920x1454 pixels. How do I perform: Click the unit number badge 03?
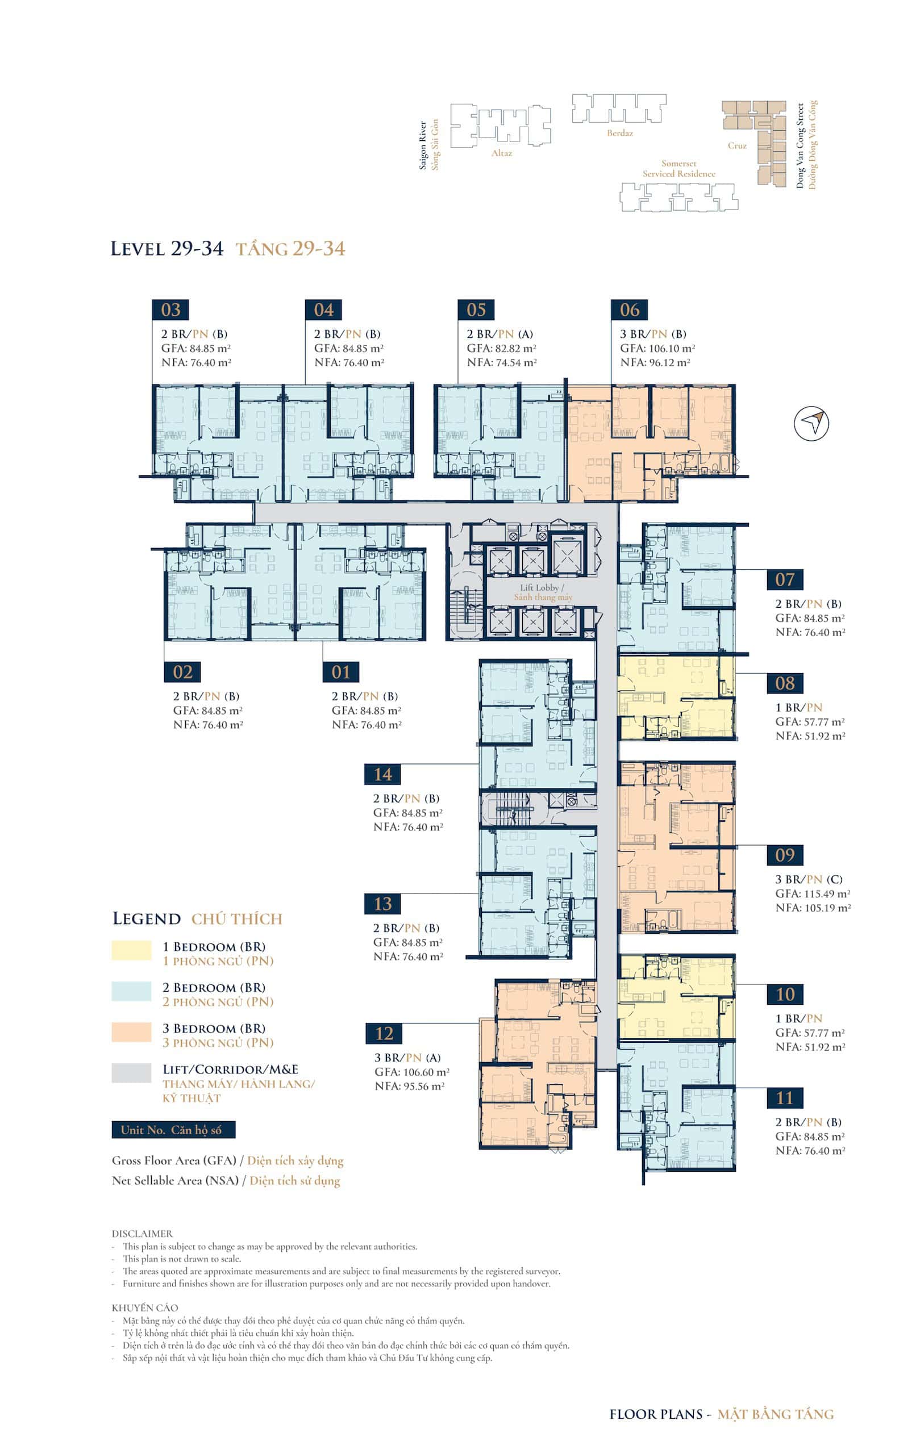(170, 310)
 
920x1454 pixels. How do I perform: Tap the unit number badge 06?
(630, 310)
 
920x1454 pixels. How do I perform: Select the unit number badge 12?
(384, 1033)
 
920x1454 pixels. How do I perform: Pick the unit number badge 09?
(785, 855)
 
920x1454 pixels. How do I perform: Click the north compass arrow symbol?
(811, 423)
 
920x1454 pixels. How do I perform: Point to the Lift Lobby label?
(543, 587)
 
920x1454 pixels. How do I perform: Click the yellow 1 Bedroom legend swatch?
(131, 950)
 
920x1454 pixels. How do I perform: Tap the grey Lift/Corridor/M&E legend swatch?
(131, 1072)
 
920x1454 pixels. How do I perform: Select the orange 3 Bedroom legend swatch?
(131, 1031)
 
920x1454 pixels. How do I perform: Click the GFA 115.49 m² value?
(813, 893)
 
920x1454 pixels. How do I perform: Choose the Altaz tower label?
(501, 153)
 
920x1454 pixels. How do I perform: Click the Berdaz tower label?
(620, 133)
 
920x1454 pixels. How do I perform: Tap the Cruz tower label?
(737, 145)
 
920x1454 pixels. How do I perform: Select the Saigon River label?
(423, 145)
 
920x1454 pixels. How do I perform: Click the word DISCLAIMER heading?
(142, 1229)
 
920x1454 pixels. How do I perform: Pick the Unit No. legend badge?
(173, 1130)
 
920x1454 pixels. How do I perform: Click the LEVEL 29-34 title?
(166, 248)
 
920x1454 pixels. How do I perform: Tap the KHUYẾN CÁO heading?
(145, 1307)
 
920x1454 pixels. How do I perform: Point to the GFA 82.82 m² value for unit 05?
(501, 348)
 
